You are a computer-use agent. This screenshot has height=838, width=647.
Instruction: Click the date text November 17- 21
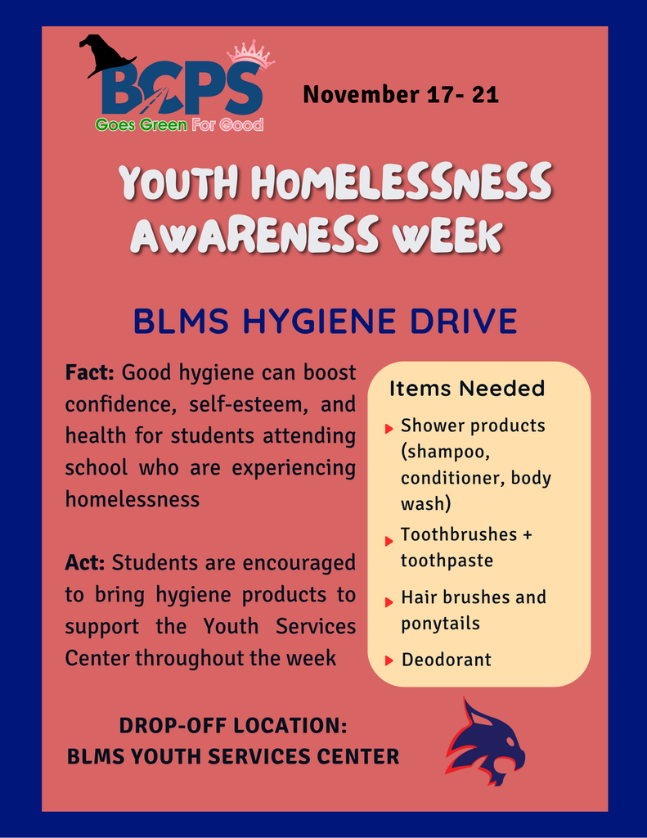pyautogui.click(x=400, y=94)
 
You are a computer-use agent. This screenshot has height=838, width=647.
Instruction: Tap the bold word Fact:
pyautogui.click(x=90, y=373)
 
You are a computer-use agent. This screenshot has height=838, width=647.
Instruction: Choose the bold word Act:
pyautogui.click(x=85, y=563)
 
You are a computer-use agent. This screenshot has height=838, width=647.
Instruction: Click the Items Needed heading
pyautogui.click(x=466, y=388)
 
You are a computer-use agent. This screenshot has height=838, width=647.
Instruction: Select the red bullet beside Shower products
pyautogui.click(x=389, y=428)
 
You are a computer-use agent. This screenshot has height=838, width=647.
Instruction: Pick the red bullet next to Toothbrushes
pyautogui.click(x=389, y=541)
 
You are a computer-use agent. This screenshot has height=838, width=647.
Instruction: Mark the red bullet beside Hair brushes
pyautogui.click(x=389, y=602)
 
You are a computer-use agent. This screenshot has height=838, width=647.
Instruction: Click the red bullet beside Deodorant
pyautogui.click(x=389, y=660)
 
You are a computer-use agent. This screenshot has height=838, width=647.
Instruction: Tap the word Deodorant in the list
pyautogui.click(x=446, y=660)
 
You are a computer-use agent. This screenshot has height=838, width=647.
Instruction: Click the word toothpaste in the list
pyautogui.click(x=447, y=561)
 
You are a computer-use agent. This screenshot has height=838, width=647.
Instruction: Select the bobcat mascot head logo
pyautogui.click(x=483, y=741)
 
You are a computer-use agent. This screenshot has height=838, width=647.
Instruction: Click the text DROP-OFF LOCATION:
pyautogui.click(x=233, y=726)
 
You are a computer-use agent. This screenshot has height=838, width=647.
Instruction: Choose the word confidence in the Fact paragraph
pyautogui.click(x=122, y=405)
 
